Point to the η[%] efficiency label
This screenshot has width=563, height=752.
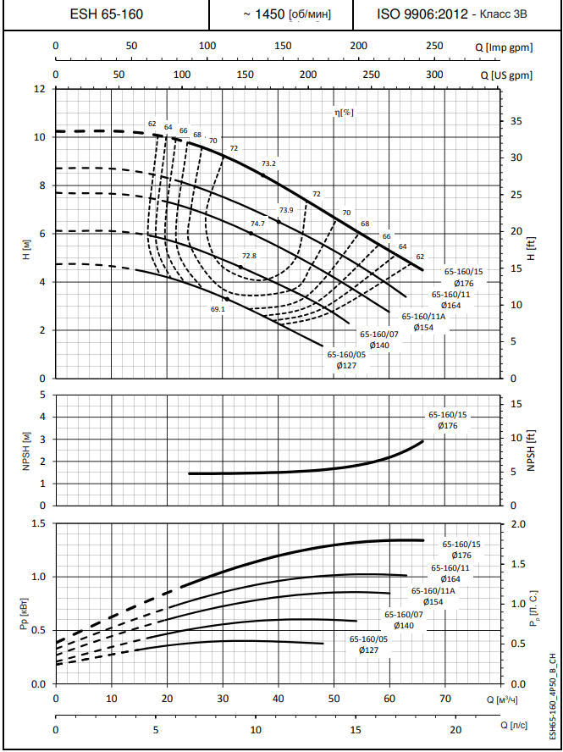(343, 112)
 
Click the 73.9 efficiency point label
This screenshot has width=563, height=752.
(285, 210)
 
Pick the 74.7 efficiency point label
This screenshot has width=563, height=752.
(258, 223)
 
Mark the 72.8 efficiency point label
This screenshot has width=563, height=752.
(249, 255)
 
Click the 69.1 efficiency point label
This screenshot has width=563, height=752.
(218, 309)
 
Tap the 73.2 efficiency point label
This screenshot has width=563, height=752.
(269, 163)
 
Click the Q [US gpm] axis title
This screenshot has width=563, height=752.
(511, 75)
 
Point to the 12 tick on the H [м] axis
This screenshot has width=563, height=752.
(39, 88)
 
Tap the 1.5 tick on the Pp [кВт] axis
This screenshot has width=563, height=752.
(38, 523)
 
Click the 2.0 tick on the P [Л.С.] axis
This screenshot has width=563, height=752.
(518, 523)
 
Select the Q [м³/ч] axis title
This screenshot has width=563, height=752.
(502, 699)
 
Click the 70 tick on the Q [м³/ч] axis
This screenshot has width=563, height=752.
(445, 699)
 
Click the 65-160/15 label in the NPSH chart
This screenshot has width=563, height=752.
(447, 415)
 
